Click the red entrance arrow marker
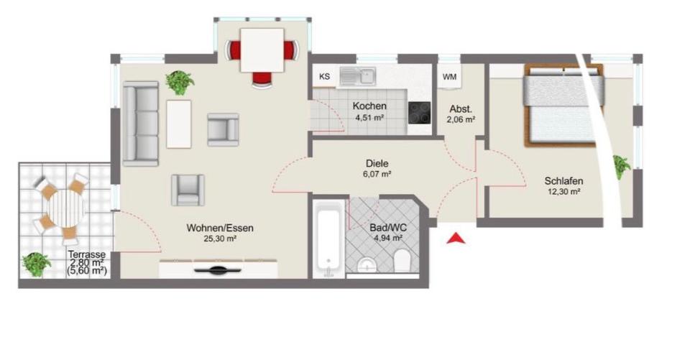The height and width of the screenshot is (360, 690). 455,239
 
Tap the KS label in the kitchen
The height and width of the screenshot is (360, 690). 324,75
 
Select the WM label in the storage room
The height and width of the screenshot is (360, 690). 449,76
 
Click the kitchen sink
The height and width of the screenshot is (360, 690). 357,75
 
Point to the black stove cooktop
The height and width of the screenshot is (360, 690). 419,113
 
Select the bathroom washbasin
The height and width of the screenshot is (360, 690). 367,264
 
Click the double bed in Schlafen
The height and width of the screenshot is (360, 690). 563,103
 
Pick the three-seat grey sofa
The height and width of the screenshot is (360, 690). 140,123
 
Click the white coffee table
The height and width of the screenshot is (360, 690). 180,123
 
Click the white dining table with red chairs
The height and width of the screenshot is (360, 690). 262,50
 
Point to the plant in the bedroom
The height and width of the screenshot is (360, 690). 620,166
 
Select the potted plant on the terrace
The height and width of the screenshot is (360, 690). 34,264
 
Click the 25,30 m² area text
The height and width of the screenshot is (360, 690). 219,240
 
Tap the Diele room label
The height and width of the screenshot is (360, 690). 377,162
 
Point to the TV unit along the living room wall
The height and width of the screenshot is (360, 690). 218,269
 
